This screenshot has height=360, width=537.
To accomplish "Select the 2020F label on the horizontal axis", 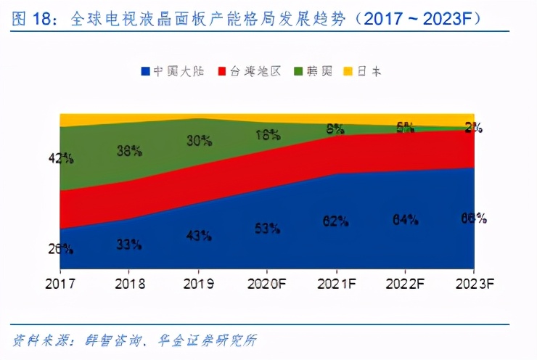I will click(267, 283).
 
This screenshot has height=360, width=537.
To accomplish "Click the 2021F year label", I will click(336, 283).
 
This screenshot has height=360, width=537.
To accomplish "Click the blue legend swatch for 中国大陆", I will click(146, 71).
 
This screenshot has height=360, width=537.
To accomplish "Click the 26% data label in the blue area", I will click(60, 248).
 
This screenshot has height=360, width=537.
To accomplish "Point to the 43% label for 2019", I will click(199, 236).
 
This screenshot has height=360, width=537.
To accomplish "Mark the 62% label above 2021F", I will click(336, 221).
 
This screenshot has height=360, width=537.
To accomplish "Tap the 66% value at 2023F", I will click(473, 218).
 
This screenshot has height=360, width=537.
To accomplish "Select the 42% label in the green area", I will click(60, 157).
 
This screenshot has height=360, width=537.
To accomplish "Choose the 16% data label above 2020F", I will click(267, 134).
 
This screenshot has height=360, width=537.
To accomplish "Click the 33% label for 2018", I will click(129, 245).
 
